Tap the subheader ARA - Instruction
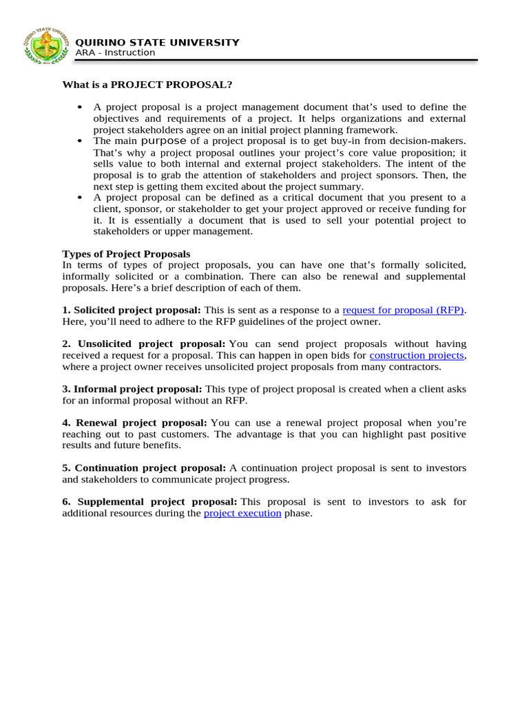[115, 53]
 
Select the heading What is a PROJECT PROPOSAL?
[147, 85]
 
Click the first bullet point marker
[81, 107]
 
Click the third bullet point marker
[81, 198]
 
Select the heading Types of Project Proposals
[126, 254]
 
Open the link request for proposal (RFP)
[404, 310]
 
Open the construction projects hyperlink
[417, 355]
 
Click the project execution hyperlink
[242, 513]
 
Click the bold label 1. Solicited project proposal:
[132, 310]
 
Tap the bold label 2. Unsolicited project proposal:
[144, 344]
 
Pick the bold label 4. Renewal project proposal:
[135, 422]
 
